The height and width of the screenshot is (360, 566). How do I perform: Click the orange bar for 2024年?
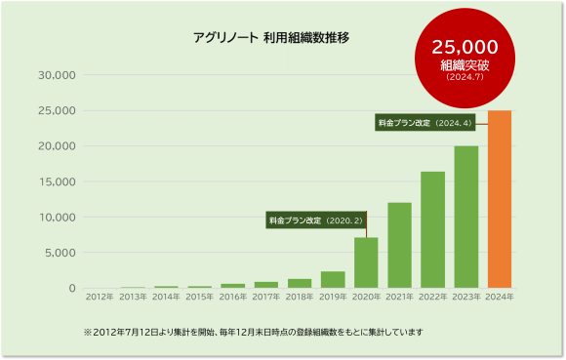point(500,199)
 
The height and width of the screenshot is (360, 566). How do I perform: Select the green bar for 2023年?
point(466,217)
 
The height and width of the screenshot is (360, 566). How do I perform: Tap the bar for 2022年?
point(432,229)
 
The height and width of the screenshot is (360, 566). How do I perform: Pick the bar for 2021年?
point(399,245)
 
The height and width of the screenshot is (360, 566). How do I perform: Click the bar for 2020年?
point(366,262)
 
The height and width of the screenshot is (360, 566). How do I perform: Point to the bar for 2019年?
point(333,279)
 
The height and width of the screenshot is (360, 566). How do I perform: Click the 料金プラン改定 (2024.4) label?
point(424,123)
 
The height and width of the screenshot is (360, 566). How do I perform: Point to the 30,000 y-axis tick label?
point(57,75)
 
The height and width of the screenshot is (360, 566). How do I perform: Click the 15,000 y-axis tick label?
point(57,181)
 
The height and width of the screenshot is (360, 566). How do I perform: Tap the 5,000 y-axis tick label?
point(60,253)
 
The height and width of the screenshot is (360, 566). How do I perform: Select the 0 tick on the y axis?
point(71,288)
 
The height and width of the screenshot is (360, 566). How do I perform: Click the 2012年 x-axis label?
point(99,297)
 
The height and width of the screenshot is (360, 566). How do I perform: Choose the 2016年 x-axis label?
point(232,297)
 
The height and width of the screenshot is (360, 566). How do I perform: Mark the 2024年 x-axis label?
point(500,297)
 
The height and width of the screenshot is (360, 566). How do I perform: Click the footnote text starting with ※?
point(254,333)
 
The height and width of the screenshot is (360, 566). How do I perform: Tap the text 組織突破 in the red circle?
point(465,64)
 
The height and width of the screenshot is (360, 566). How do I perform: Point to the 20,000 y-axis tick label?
point(57,146)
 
